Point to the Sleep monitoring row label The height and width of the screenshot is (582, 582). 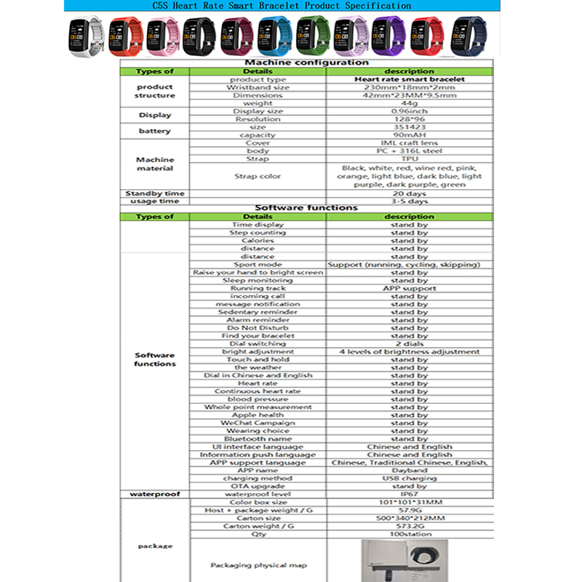(258, 280)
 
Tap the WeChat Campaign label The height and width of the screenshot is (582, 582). (258, 423)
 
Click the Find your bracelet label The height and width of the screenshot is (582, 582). (258, 336)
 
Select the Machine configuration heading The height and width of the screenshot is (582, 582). (307, 63)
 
